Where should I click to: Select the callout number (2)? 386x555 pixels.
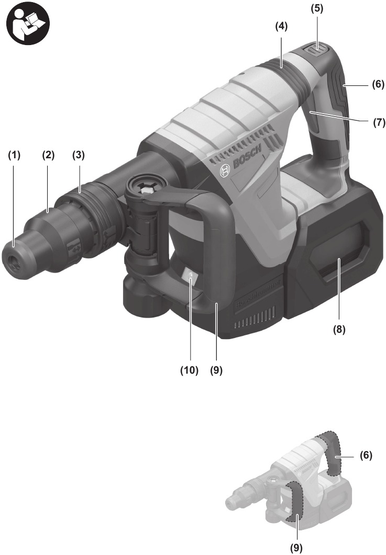click(49, 156)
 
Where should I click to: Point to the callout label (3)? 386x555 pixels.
click(79, 156)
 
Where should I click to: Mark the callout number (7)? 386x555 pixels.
click(378, 124)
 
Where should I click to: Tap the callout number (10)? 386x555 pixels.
click(190, 369)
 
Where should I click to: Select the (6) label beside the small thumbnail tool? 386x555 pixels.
click(365, 455)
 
